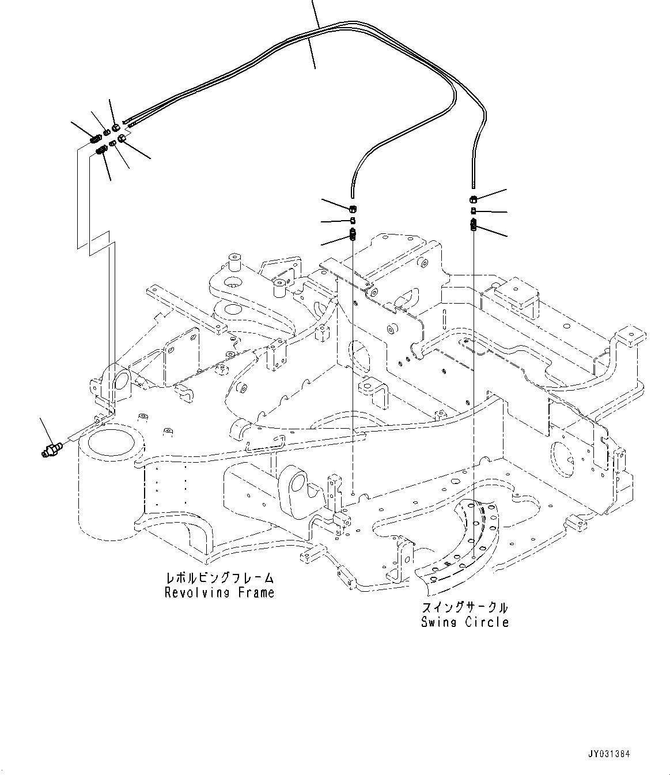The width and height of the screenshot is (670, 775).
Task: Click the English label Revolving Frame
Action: click(x=219, y=592)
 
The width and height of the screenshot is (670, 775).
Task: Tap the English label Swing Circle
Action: click(x=464, y=622)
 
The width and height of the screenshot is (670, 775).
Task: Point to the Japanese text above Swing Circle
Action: click(x=464, y=608)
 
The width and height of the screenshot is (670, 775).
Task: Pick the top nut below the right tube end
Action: click(x=472, y=199)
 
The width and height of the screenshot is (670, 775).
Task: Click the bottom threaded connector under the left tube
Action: click(x=353, y=235)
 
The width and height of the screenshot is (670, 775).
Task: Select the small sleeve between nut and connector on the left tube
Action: click(x=353, y=221)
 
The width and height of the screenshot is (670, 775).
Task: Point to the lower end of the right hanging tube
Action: click(x=472, y=186)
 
